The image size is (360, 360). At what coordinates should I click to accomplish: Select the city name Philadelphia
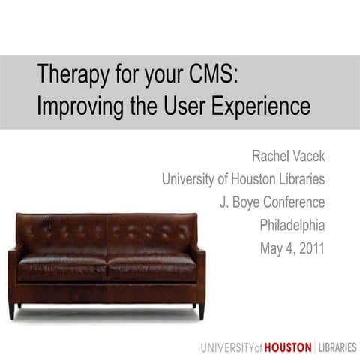coord(292,225)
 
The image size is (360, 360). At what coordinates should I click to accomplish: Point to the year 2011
coord(309,247)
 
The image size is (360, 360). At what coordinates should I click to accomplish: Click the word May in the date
coord(268,247)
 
